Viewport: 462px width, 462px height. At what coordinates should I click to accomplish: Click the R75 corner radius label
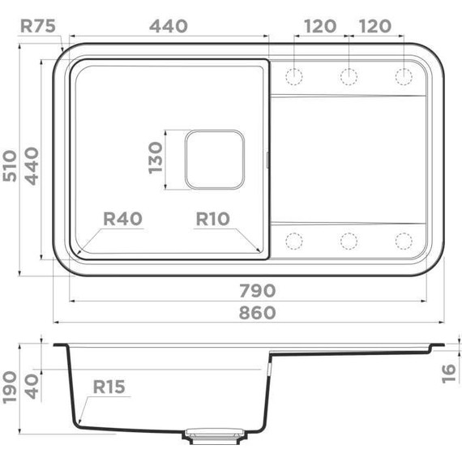coord(37,25)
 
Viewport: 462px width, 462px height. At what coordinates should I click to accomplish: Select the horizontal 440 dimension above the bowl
coord(169,25)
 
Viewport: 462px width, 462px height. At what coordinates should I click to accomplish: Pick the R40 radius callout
coord(123,219)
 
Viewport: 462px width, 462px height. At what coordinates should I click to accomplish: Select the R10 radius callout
coord(213,219)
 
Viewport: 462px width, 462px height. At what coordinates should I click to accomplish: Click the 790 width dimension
coord(257,290)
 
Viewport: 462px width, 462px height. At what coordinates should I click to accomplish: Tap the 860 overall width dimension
coord(257,312)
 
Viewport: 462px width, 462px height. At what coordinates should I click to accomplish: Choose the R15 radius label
coord(108,387)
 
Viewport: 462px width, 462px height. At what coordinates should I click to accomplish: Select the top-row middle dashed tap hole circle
coord(349,77)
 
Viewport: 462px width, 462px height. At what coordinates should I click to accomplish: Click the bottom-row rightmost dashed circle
coord(404,241)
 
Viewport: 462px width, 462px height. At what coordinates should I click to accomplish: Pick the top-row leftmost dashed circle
coord(293,77)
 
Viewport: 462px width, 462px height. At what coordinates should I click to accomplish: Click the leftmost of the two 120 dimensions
coord(320,25)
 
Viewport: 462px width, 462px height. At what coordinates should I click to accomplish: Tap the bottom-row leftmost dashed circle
coord(293,241)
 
